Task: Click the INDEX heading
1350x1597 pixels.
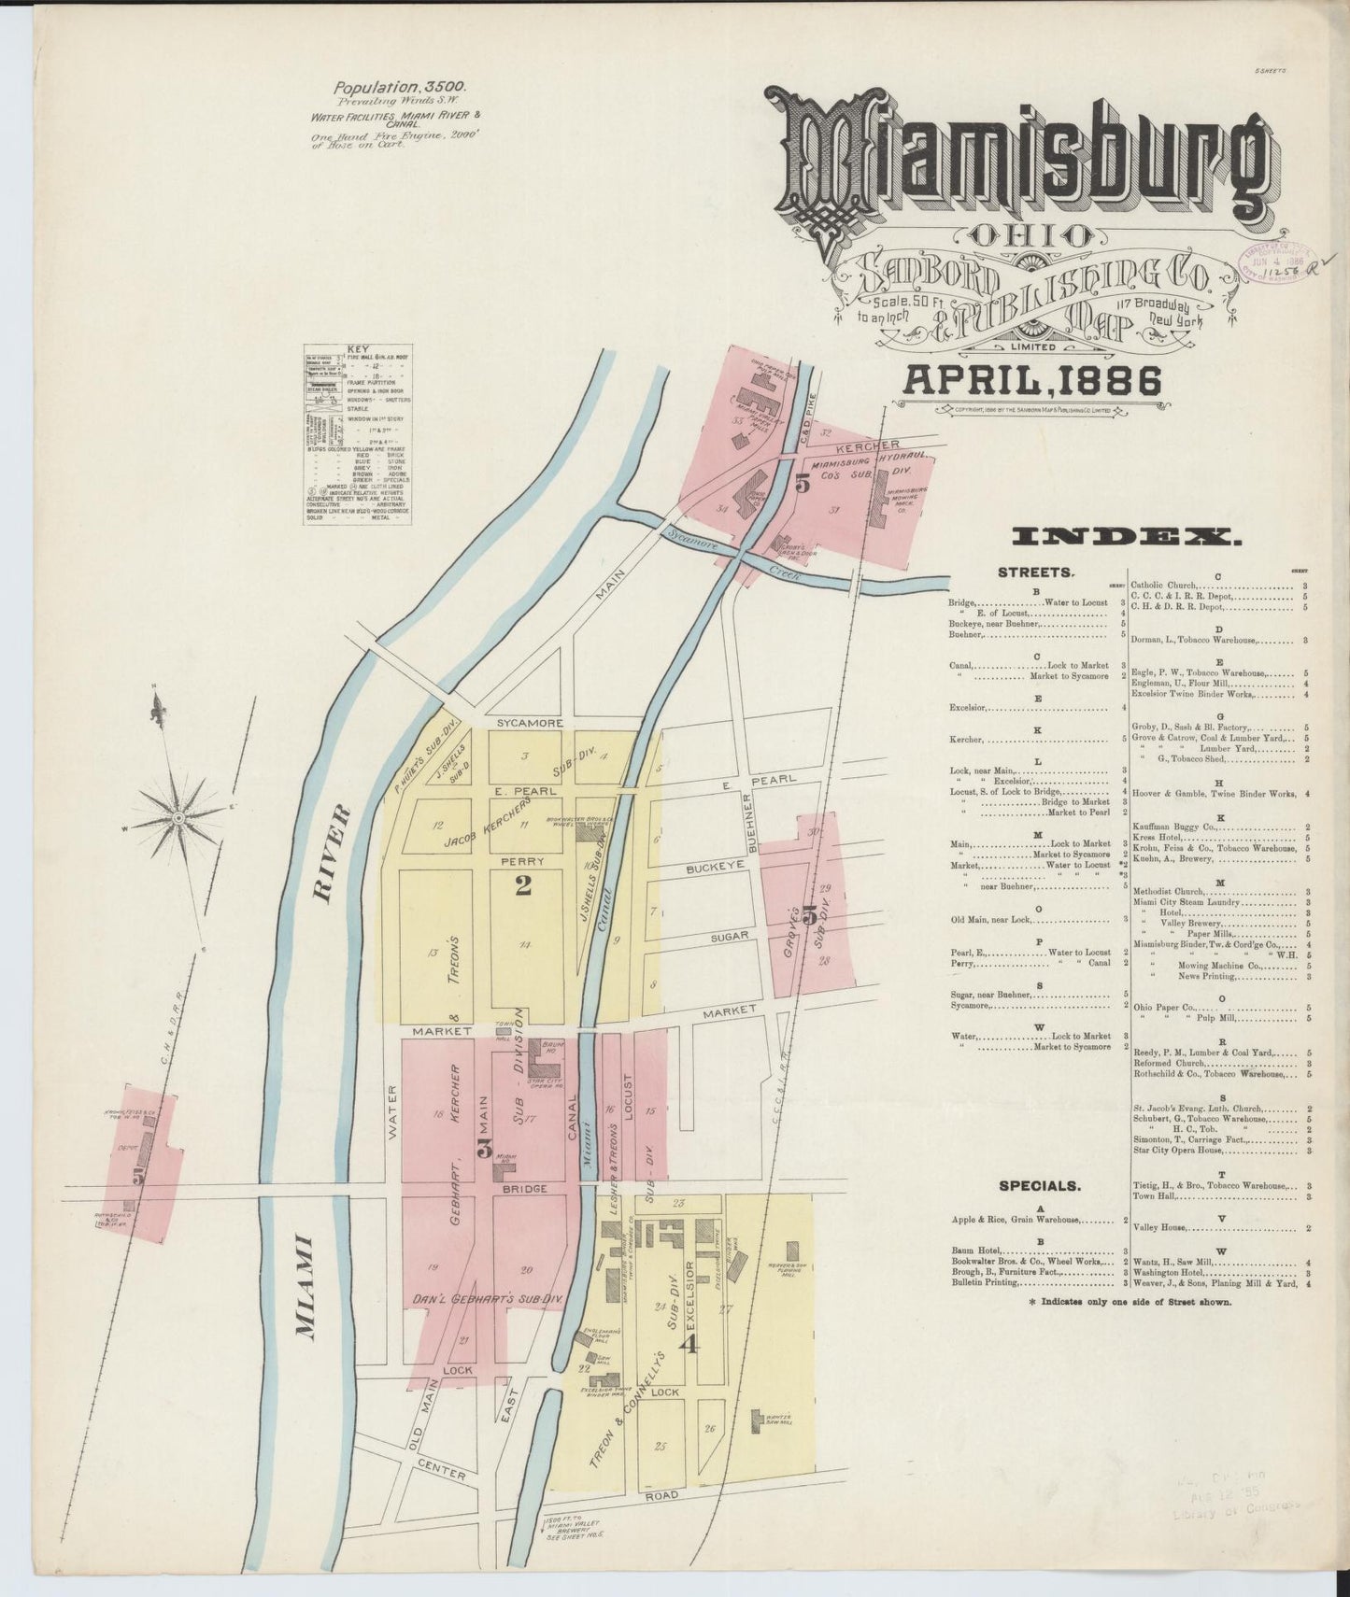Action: pyautogui.click(x=1127, y=536)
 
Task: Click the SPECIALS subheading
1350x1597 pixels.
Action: pyautogui.click(x=1040, y=1186)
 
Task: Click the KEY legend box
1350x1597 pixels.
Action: pyautogui.click(x=359, y=435)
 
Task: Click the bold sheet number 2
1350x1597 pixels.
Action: pyautogui.click(x=523, y=884)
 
